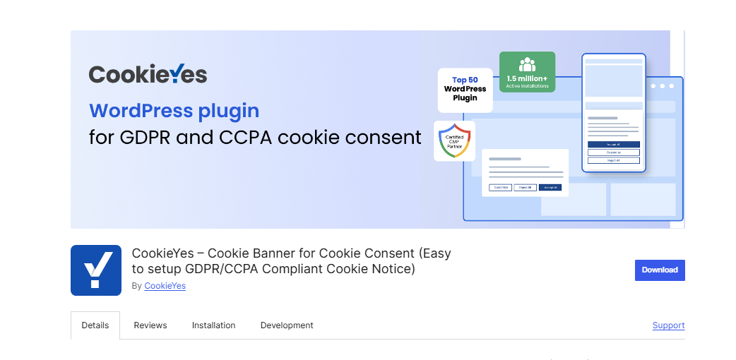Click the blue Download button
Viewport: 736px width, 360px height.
coord(660,270)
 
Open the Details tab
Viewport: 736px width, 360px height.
coord(95,325)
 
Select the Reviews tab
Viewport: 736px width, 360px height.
coord(150,325)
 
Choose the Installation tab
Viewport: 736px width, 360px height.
coord(213,325)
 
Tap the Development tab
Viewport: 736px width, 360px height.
coord(287,325)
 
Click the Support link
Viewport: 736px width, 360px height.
coord(668,325)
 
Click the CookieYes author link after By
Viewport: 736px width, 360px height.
coord(165,286)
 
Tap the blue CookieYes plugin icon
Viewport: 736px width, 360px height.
coord(96,270)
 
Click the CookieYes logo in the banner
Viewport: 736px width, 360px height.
coord(148,74)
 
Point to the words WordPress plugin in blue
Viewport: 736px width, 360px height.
coord(174,111)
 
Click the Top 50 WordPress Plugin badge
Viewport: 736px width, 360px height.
coord(465,90)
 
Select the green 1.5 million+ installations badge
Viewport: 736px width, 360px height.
coord(527,72)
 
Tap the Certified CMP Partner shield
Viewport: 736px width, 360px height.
coord(454,140)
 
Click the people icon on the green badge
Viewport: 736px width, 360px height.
coord(527,64)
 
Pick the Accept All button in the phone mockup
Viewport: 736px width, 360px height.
coord(613,144)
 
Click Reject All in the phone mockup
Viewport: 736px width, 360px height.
coord(613,160)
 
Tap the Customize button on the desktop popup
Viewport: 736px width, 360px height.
coord(501,187)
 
